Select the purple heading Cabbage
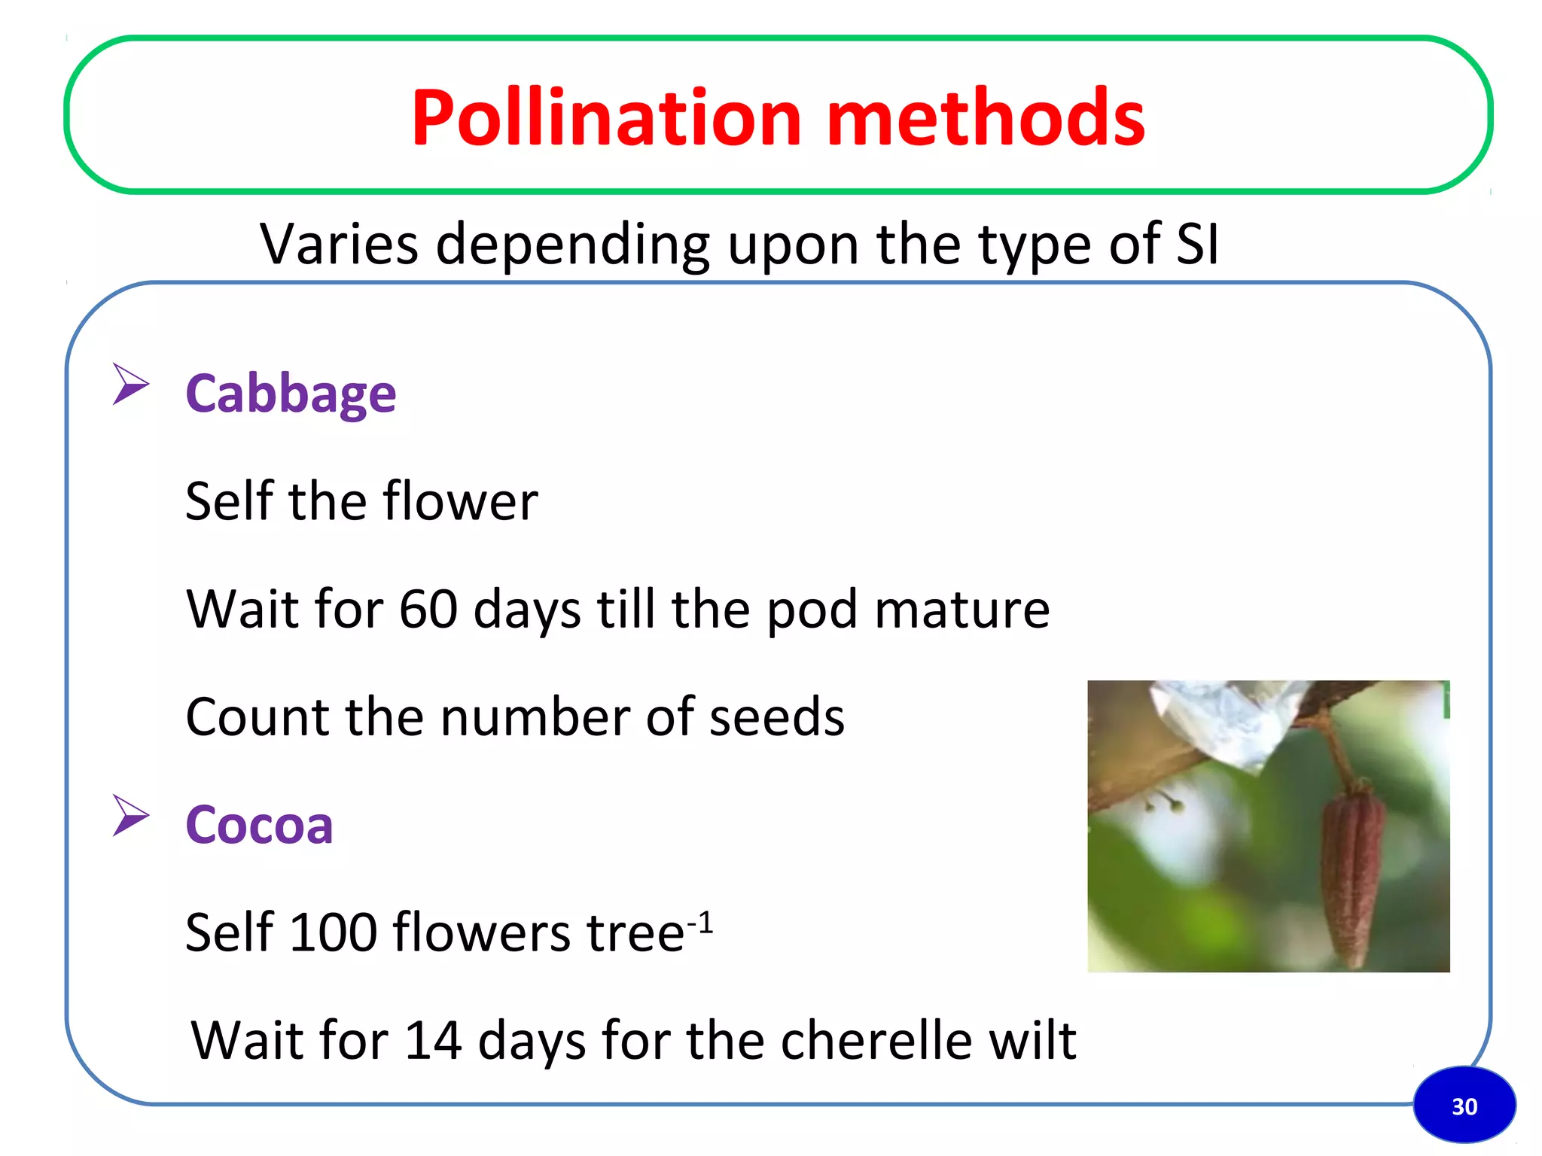click(291, 394)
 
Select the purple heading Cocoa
click(259, 824)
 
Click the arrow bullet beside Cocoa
click(131, 815)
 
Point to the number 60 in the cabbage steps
click(428, 608)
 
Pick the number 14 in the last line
click(433, 1040)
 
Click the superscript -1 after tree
click(700, 921)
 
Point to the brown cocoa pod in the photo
click(1353, 873)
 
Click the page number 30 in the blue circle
click(1464, 1106)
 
